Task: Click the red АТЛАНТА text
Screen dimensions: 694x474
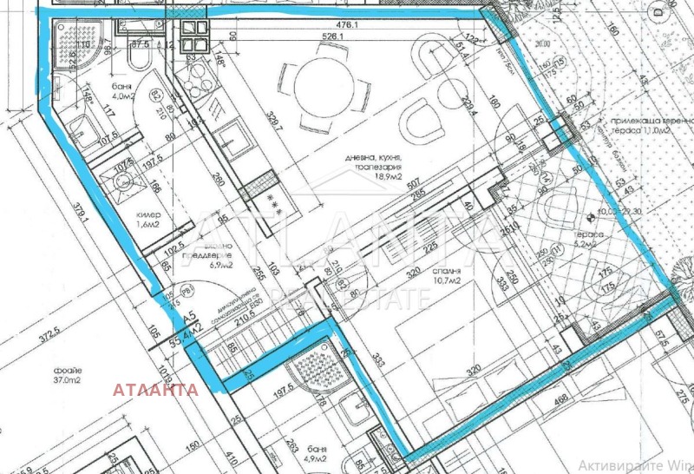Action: [154, 390]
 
